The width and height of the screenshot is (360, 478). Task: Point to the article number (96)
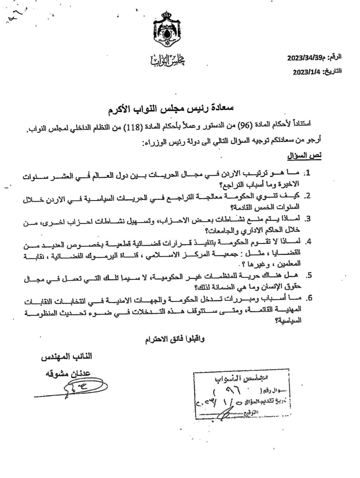click(244, 124)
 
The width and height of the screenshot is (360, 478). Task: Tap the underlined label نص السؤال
click(304, 156)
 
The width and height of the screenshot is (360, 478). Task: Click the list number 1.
click(308, 173)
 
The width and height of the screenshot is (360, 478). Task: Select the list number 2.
click(308, 196)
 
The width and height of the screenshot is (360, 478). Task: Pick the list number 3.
click(308, 218)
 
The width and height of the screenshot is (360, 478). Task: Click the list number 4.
click(308, 241)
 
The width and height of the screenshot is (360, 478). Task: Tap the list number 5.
click(309, 275)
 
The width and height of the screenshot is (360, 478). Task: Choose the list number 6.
click(309, 298)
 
